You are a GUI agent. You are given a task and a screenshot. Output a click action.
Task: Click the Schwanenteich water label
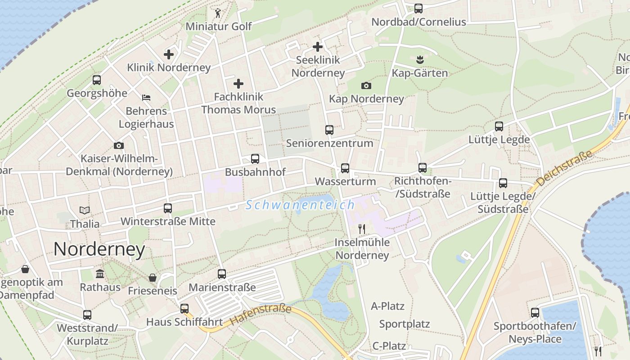[x=300, y=205]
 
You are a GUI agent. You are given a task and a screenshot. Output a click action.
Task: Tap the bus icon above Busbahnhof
[x=255, y=159]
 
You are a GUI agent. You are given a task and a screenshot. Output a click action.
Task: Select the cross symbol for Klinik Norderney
[x=169, y=54]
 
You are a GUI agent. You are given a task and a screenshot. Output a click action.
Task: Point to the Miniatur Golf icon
[x=218, y=13]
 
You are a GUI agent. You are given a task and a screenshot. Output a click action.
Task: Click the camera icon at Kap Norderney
[x=366, y=85]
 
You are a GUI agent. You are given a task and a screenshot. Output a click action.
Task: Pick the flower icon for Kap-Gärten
[x=420, y=59]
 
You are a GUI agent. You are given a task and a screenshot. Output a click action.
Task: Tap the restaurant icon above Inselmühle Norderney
[x=361, y=229]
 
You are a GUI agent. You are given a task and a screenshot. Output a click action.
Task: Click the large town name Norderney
[x=99, y=249]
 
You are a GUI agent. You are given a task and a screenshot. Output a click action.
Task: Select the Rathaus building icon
[x=100, y=274]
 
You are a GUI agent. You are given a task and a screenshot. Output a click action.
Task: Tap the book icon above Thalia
[x=85, y=210]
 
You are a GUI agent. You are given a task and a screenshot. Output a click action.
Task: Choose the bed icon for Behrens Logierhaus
[x=146, y=97]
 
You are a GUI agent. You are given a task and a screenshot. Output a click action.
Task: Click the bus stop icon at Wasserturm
[x=345, y=168]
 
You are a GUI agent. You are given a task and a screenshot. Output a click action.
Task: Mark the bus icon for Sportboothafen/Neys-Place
[x=535, y=313]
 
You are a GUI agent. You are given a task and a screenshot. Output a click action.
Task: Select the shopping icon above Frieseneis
[x=153, y=277]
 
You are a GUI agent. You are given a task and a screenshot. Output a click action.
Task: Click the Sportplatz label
[x=404, y=324]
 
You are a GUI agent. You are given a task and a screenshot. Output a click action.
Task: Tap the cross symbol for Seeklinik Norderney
[x=318, y=46]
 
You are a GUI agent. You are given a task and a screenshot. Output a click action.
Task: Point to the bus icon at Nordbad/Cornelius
[x=418, y=8]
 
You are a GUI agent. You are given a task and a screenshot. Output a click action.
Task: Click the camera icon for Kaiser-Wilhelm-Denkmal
[x=119, y=145]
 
